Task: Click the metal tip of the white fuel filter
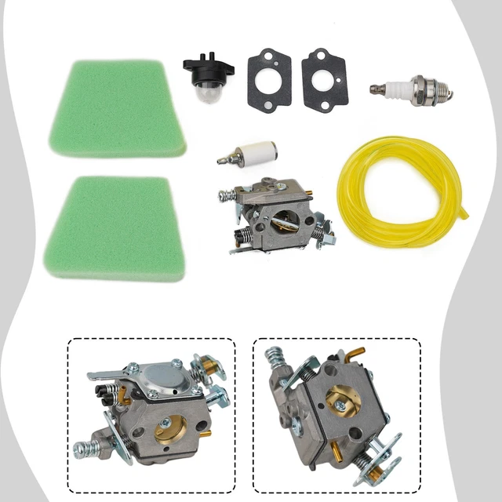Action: coord(224,159)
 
